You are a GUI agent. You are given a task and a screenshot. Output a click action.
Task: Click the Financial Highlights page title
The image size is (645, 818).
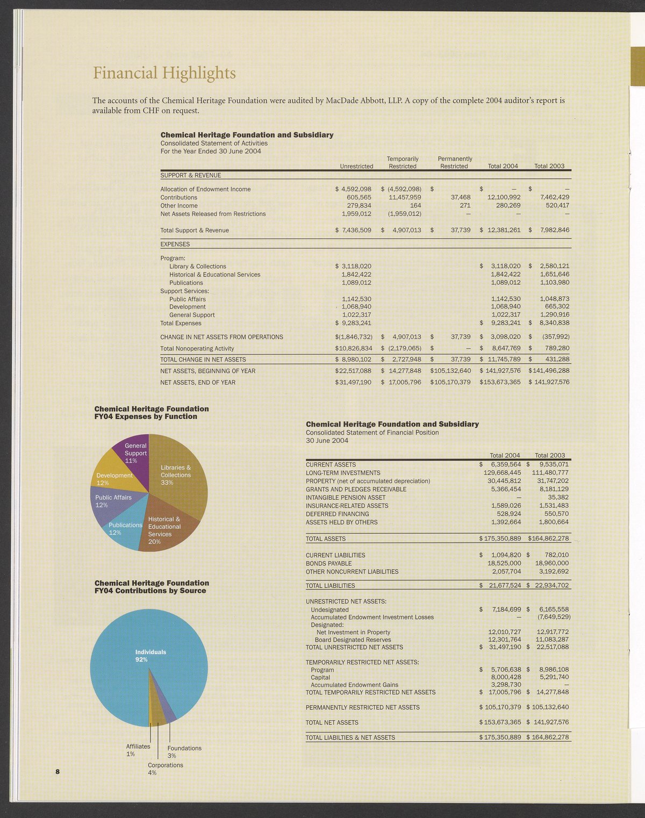(164, 73)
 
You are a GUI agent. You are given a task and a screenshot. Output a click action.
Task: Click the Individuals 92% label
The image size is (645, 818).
(150, 656)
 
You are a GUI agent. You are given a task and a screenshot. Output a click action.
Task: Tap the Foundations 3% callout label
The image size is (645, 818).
(184, 751)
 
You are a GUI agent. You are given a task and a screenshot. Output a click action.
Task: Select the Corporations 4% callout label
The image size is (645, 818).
(165, 769)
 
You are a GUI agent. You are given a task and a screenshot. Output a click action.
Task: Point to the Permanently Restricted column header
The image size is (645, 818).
(455, 162)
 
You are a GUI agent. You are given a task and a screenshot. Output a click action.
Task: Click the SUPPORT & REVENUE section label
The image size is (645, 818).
(191, 175)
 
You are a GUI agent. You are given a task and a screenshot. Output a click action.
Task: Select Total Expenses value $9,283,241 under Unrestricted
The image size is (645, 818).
(353, 323)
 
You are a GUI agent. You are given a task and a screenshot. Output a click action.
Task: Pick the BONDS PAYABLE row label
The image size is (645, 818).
(328, 563)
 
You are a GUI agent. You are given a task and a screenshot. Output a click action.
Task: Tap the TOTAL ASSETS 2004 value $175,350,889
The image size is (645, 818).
(500, 539)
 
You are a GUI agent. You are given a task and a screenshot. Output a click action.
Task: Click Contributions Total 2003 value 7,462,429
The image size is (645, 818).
(550, 197)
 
